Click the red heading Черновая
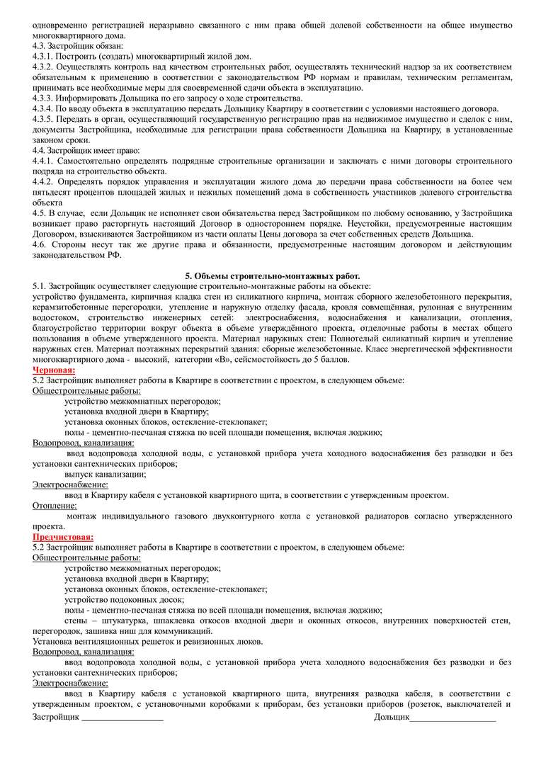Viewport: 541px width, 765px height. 55,370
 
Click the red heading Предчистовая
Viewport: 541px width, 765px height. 63,537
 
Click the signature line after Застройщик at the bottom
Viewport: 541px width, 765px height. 122,718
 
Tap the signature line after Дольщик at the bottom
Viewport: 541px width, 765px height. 452,718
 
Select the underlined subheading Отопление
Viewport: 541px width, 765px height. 55,506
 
